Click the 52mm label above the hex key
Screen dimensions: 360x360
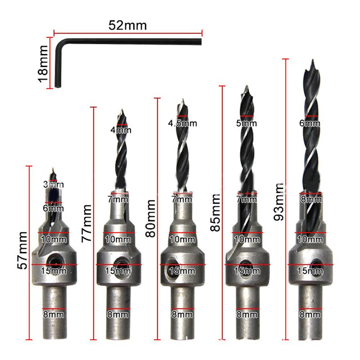click(128, 26)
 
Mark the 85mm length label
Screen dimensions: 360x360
click(215, 213)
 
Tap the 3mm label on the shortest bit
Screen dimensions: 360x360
click(53, 185)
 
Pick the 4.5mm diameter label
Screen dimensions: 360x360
click(182, 123)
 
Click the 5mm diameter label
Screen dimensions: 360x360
click(246, 124)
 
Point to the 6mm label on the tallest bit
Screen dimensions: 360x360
click(309, 123)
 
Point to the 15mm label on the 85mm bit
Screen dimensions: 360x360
click(247, 271)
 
